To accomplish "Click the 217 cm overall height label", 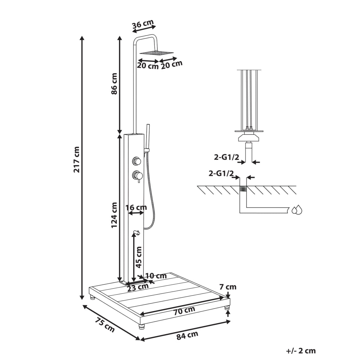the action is [x=76, y=159].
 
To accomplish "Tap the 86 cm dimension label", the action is [x=114, y=84].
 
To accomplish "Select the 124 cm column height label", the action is [x=114, y=215].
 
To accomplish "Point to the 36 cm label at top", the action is [x=143, y=24].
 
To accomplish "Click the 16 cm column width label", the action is [x=136, y=208].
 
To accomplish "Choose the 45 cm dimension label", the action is [x=139, y=257].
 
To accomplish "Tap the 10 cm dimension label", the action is [x=156, y=275].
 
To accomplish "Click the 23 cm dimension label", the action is [x=138, y=287].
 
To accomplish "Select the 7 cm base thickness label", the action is [x=228, y=287].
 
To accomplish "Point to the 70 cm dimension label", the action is [x=184, y=311].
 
